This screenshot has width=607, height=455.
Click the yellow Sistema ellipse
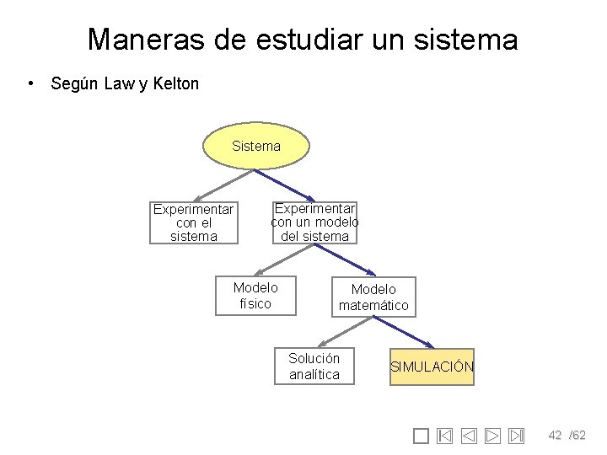256,147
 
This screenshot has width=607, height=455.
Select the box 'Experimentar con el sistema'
194,222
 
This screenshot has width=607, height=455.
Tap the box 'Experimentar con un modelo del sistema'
314,222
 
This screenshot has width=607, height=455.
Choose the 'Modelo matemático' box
373,297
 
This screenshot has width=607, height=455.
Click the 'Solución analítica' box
314,366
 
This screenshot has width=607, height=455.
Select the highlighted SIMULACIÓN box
432,367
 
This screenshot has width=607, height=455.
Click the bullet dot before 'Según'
30,83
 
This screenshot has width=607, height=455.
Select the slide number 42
555,435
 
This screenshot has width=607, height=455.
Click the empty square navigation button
422,436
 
